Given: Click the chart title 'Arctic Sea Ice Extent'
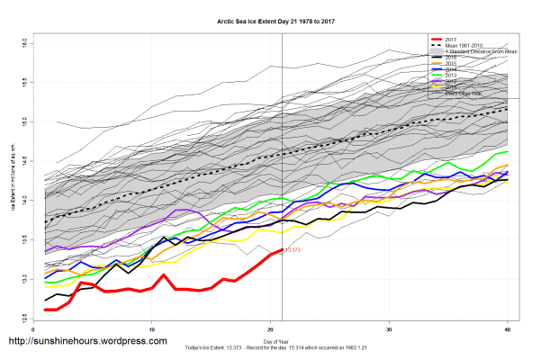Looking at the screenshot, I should [270, 19].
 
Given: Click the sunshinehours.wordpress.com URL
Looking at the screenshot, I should [87, 342].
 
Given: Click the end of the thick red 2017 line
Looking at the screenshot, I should [282, 250].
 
